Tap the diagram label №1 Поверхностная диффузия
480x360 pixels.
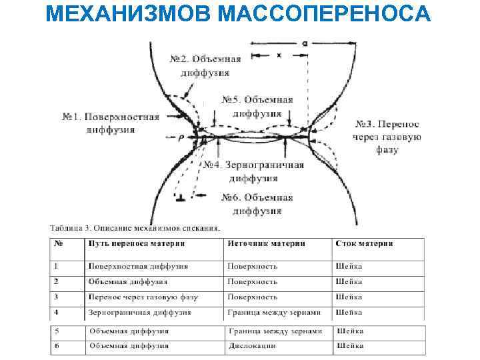click(111, 123)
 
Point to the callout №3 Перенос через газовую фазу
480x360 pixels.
click(387, 137)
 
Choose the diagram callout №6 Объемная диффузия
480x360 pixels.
click(257, 204)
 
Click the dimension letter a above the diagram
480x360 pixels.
click(304, 43)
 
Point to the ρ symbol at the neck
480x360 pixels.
click(180, 136)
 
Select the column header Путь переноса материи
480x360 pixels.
click(136, 244)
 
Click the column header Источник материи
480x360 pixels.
click(267, 244)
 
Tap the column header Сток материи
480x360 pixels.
click(364, 244)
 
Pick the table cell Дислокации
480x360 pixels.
click(249, 346)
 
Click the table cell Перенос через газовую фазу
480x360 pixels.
click(143, 297)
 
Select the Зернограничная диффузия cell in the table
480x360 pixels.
click(140, 312)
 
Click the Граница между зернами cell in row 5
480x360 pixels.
click(274, 331)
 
